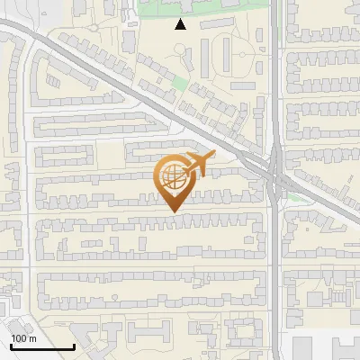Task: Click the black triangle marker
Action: [x=181, y=24]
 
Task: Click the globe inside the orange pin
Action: [x=172, y=175]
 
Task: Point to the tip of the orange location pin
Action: [x=172, y=212]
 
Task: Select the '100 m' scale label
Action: [x=23, y=338]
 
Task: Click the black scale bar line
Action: [x=41, y=346]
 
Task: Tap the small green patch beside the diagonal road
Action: [x=181, y=84]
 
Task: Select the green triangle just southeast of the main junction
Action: [x=298, y=196]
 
